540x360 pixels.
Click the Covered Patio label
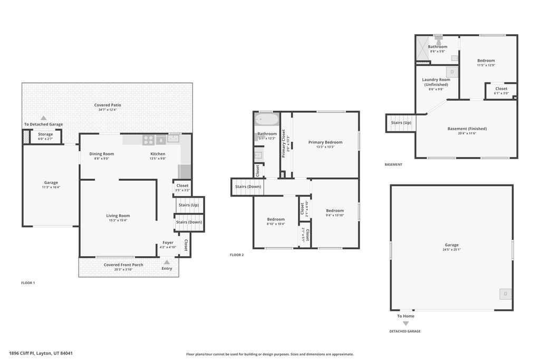click(x=108, y=105)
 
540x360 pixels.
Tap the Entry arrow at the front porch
click(x=167, y=262)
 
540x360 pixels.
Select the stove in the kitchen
click(x=148, y=140)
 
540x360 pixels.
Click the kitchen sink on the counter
click(x=173, y=139)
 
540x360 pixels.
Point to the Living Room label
click(x=118, y=216)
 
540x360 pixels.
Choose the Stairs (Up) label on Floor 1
click(x=189, y=205)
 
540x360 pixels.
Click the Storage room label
click(x=45, y=134)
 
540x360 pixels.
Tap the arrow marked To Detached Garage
click(x=44, y=119)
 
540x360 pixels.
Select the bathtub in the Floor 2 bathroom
click(x=267, y=120)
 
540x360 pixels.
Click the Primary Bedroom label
click(x=325, y=142)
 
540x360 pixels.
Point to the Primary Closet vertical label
click(x=284, y=143)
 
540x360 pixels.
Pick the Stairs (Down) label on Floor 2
click(x=248, y=187)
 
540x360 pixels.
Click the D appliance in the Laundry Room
click(x=452, y=72)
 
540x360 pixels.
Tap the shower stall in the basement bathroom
click(x=423, y=48)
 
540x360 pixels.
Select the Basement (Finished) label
click(x=467, y=129)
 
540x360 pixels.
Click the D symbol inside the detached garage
click(x=505, y=294)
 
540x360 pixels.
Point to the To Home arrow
click(x=406, y=323)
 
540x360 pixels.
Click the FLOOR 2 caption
click(x=237, y=255)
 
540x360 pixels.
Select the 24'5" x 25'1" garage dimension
click(x=451, y=250)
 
